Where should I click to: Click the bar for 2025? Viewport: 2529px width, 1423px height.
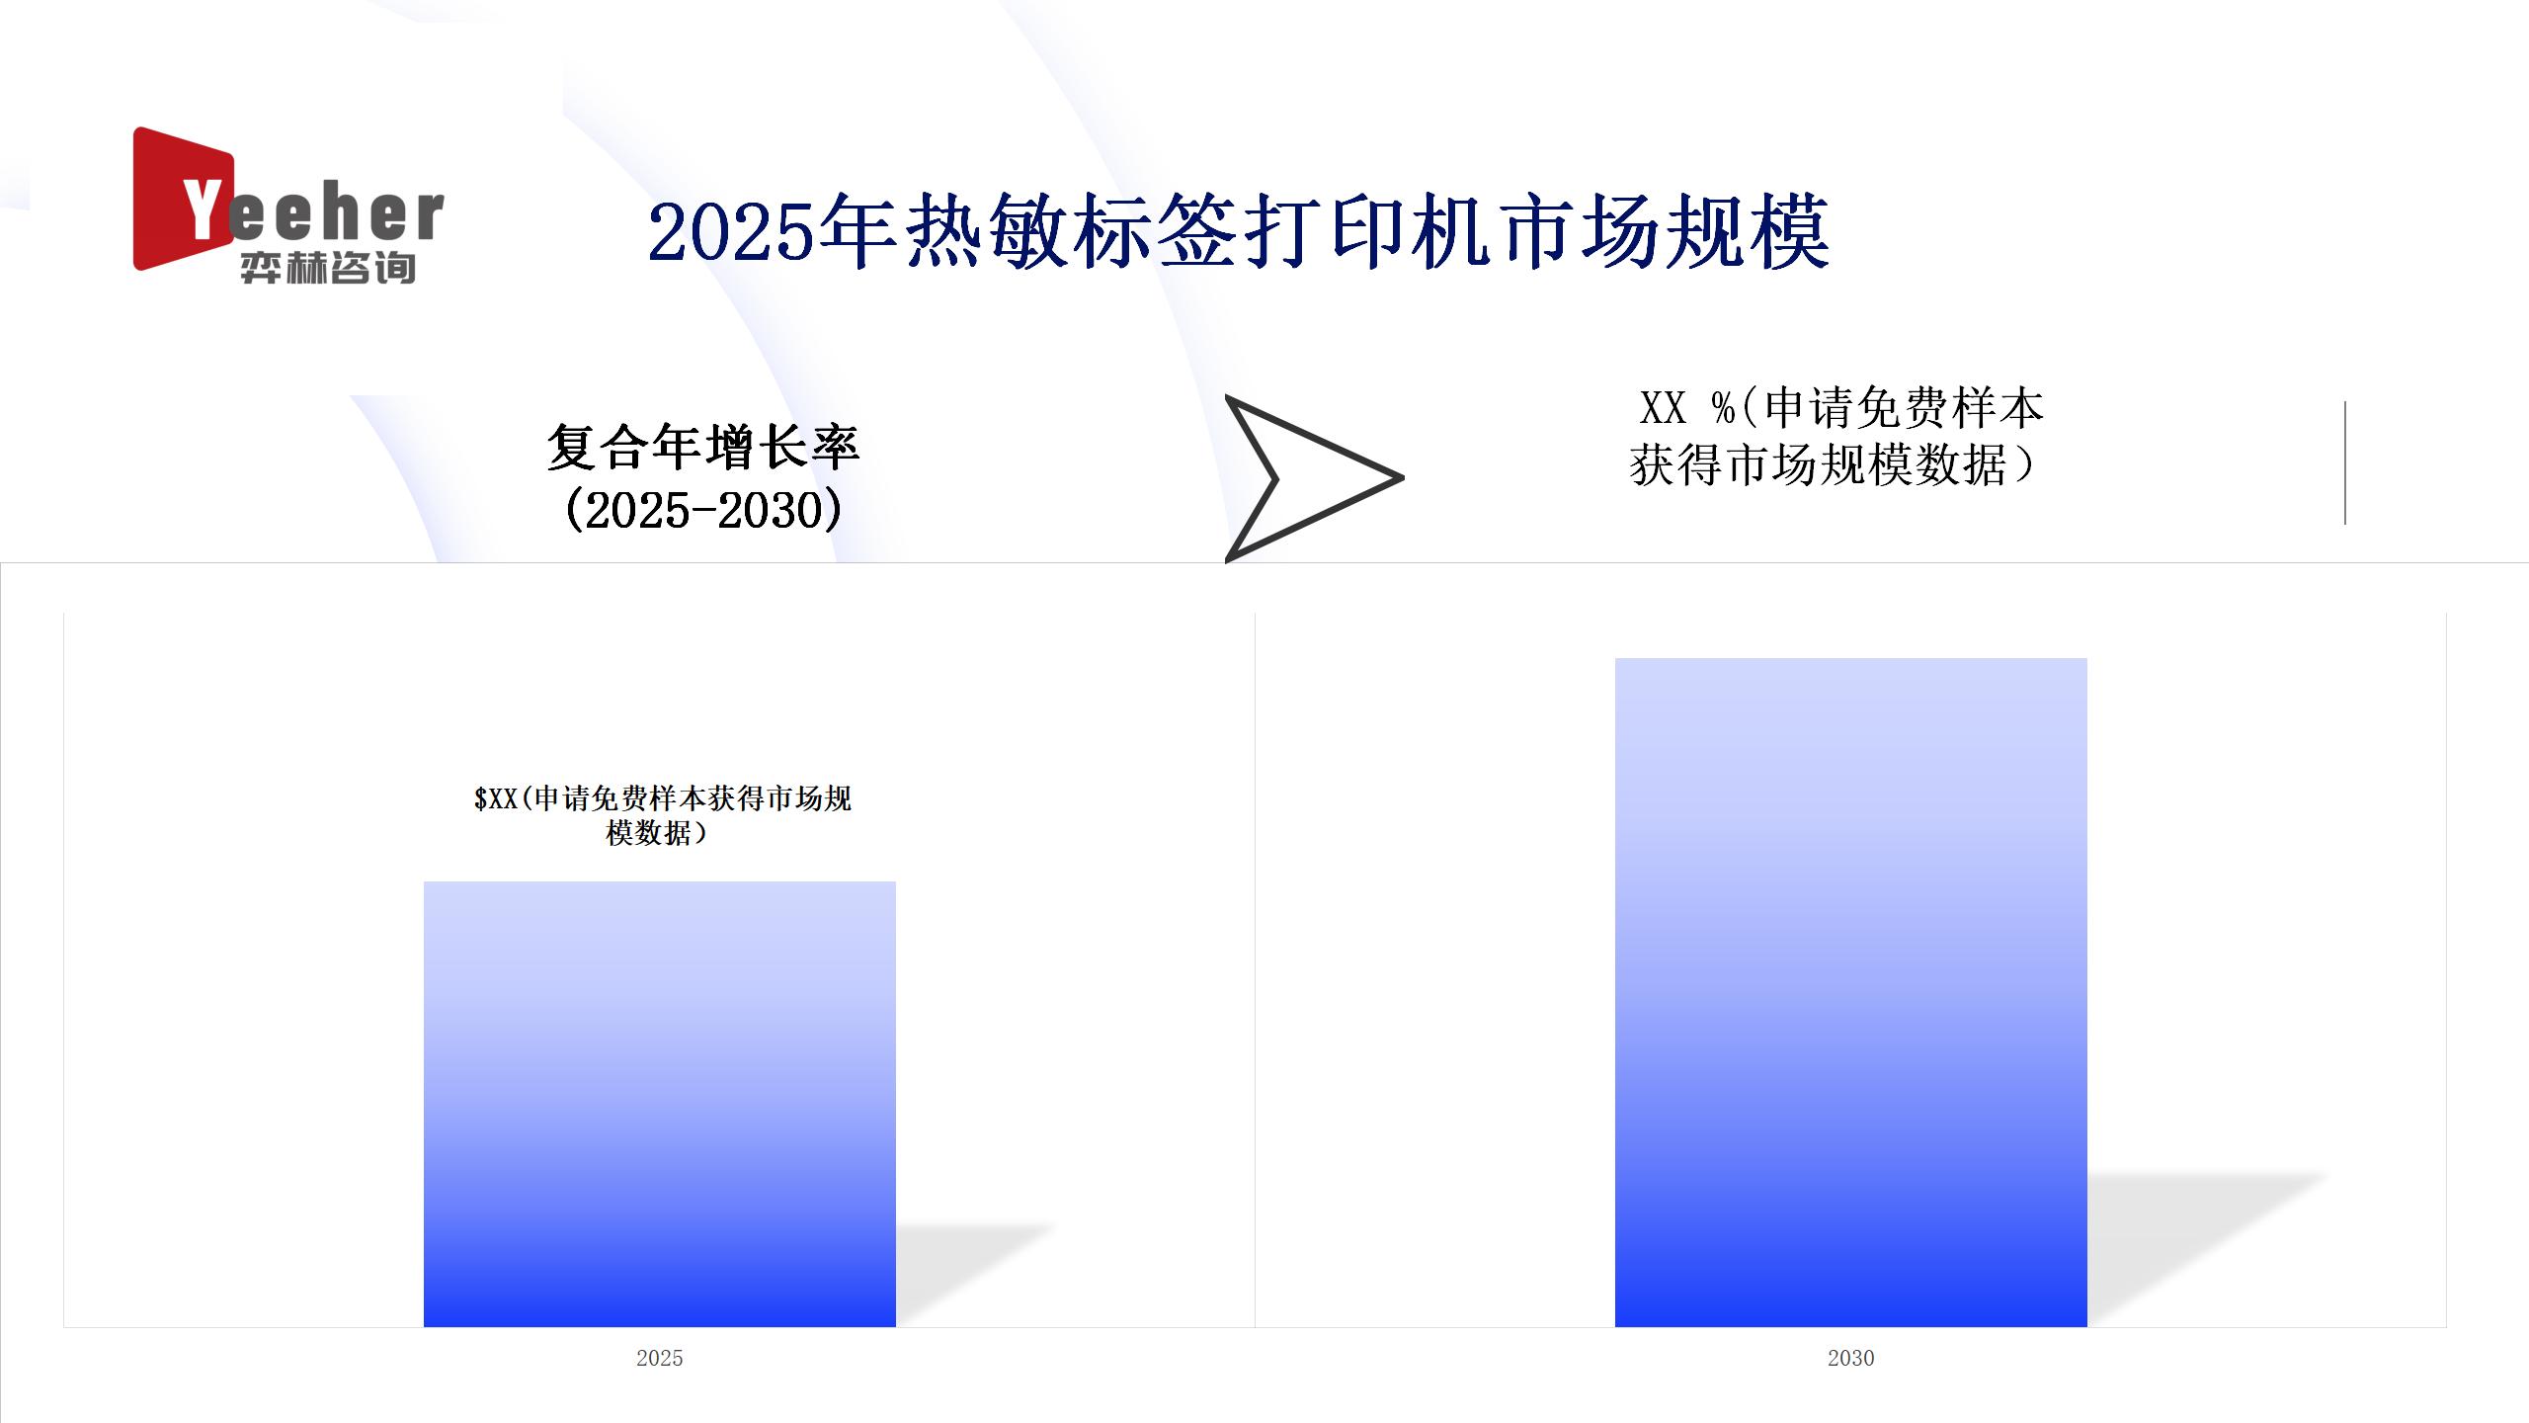(x=660, y=1104)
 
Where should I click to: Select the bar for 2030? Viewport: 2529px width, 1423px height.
(x=1850, y=992)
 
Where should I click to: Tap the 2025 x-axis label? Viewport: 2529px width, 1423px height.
(x=660, y=1358)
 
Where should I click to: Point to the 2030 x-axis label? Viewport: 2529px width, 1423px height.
(x=1850, y=1358)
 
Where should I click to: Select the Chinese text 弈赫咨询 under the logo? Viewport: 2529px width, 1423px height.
(x=328, y=268)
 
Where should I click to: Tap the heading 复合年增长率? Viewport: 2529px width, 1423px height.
(x=703, y=447)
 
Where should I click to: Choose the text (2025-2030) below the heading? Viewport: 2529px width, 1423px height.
(x=703, y=510)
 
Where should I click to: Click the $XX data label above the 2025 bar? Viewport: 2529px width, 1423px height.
(x=662, y=815)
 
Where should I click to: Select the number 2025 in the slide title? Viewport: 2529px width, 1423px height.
(x=731, y=233)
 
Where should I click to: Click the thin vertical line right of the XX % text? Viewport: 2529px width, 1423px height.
(x=2345, y=462)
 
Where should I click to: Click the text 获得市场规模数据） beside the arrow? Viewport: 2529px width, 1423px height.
(x=1834, y=464)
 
